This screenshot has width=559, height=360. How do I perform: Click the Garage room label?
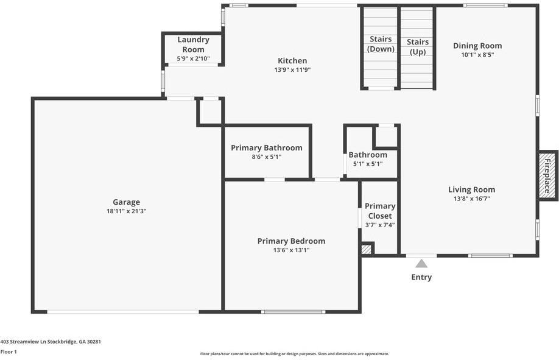[x=126, y=202]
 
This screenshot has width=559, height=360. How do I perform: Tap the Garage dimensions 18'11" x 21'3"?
[x=126, y=211]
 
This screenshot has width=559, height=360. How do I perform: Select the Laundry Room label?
[x=193, y=44]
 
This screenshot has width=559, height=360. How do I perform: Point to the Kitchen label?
[x=292, y=61]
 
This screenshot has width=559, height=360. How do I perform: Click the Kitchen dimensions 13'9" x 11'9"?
[x=292, y=70]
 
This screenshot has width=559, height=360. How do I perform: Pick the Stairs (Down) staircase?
[x=381, y=49]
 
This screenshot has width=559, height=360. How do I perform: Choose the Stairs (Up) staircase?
[x=417, y=49]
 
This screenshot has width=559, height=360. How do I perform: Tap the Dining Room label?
[x=477, y=46]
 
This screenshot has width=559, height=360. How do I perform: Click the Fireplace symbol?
[x=547, y=175]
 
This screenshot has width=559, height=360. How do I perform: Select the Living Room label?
[x=471, y=189]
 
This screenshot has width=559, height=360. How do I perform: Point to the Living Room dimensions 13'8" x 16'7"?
[x=471, y=199]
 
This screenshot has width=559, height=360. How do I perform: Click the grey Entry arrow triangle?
[x=421, y=264]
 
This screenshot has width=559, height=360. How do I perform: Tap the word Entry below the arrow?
[x=421, y=277]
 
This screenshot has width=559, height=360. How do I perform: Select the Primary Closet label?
[x=380, y=211]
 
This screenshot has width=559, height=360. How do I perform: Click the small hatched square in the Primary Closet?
[x=366, y=249]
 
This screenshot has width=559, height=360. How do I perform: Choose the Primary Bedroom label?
[x=291, y=241]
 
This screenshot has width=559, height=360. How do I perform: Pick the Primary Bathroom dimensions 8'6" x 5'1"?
[x=266, y=157]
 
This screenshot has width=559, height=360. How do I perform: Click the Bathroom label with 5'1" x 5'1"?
[x=368, y=155]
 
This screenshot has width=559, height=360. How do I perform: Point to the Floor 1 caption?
[x=9, y=351]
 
